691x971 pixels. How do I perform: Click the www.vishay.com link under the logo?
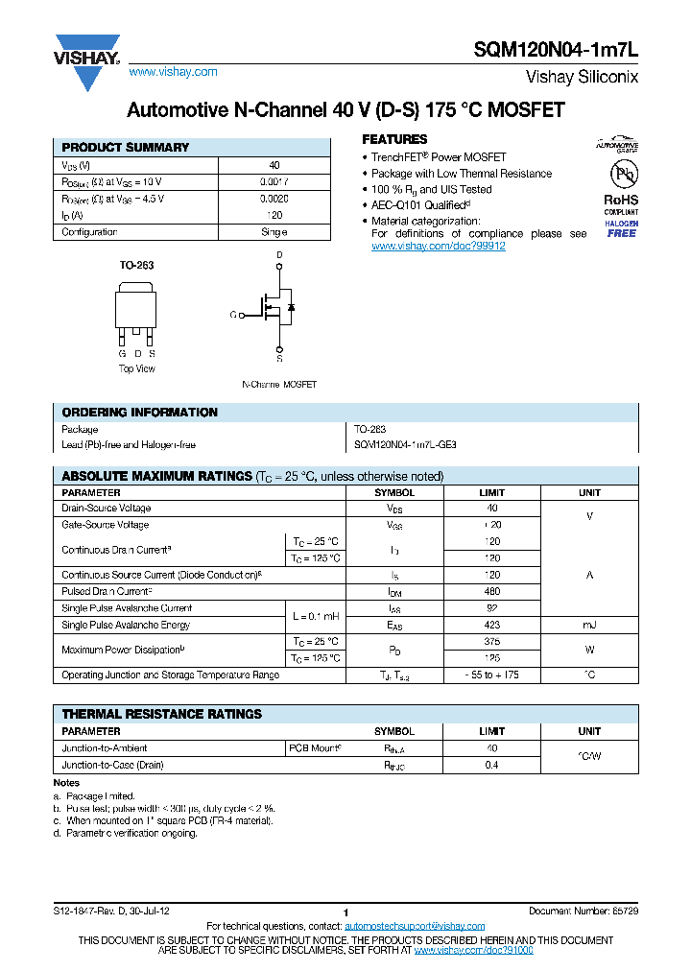point(173,72)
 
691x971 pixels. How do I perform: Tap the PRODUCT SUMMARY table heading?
point(126,148)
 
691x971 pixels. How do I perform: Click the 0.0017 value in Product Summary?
point(274,181)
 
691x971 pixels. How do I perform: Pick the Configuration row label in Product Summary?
point(89,232)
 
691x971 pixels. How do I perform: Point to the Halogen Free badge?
point(621,228)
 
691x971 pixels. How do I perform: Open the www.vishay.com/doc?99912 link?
point(438,247)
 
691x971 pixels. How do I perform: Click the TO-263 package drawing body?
point(136,306)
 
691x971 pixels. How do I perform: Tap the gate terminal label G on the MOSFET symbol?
point(232,315)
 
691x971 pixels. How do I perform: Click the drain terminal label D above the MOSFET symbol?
point(279,255)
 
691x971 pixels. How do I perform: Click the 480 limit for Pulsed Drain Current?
point(492,592)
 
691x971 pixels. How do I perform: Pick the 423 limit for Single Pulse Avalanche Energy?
point(492,626)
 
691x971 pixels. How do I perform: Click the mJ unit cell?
point(589,626)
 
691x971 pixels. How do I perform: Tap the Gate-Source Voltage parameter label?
point(106,525)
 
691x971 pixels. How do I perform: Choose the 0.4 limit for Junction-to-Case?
point(492,765)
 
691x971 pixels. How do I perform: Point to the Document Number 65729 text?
point(583,910)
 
